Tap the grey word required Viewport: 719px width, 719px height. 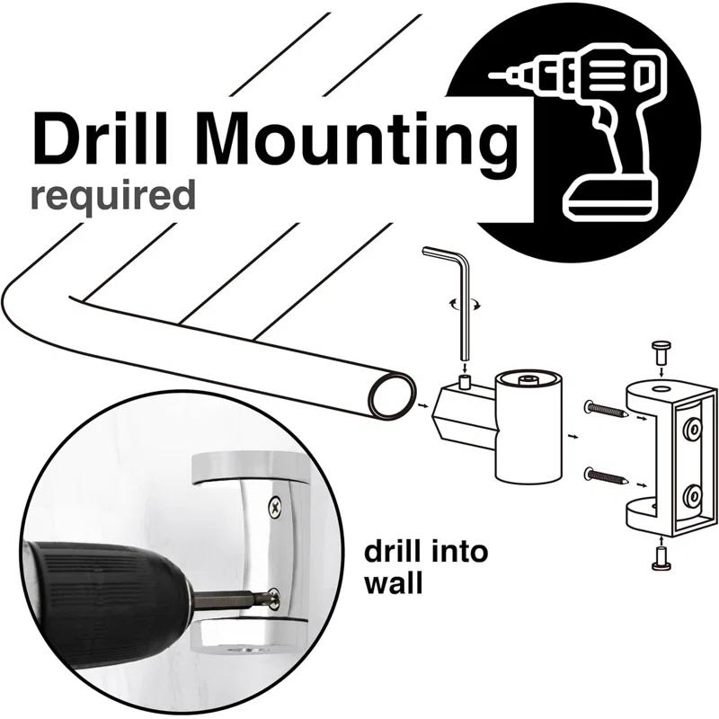tap(113, 196)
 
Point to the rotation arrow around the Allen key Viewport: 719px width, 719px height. tap(465, 304)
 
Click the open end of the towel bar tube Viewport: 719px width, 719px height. tap(392, 395)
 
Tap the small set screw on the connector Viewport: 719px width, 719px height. tap(466, 381)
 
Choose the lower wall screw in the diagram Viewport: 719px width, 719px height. tap(608, 476)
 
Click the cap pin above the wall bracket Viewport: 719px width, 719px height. tap(661, 351)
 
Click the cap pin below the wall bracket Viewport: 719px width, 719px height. tap(661, 559)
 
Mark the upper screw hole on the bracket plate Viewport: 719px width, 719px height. tap(691, 430)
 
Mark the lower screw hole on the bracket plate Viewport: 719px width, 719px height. tap(691, 496)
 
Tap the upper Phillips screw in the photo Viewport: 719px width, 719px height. tap(275, 507)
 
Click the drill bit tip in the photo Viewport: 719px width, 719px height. tap(275, 599)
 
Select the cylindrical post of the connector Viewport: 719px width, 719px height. tap(528, 427)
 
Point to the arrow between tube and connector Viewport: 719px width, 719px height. tap(422, 405)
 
